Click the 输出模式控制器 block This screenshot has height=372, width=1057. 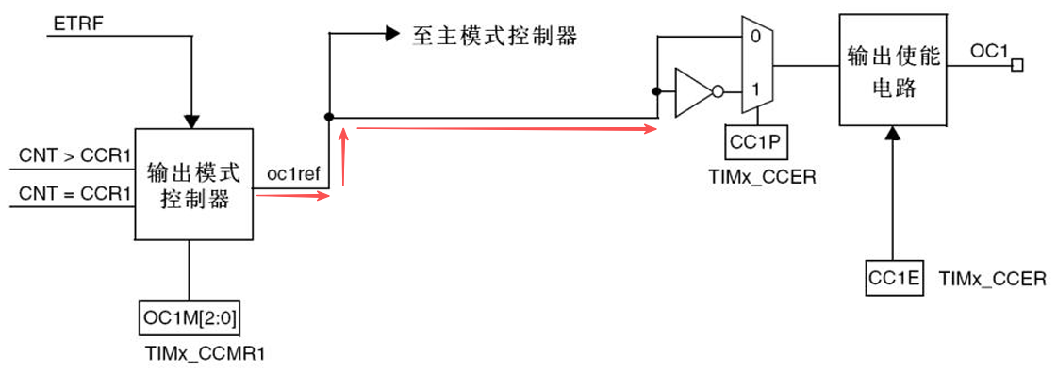point(192,185)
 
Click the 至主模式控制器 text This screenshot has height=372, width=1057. point(494,37)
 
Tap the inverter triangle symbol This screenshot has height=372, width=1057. point(695,92)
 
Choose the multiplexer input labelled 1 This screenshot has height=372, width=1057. point(752,91)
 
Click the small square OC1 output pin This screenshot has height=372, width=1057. point(1017,65)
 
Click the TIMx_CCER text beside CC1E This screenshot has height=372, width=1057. point(993,279)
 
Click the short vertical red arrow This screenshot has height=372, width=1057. point(345,158)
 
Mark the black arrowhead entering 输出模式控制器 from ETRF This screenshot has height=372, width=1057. point(191,121)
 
